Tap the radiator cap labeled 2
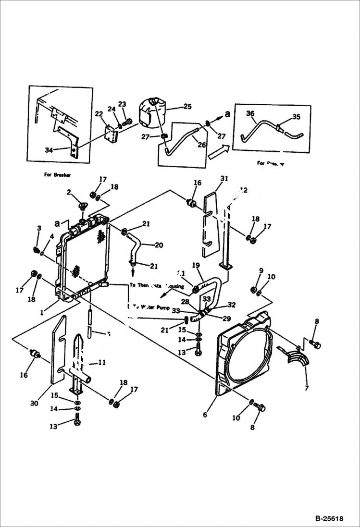pyautogui.click(x=83, y=207)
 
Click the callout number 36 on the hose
pyautogui.click(x=250, y=113)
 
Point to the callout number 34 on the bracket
pyautogui.click(x=49, y=150)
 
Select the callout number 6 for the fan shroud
pyautogui.click(x=205, y=414)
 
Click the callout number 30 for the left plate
pyautogui.click(x=34, y=404)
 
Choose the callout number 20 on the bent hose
pyautogui.click(x=159, y=245)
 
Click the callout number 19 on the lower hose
pyautogui.click(x=196, y=265)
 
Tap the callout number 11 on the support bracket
pyautogui.click(x=101, y=363)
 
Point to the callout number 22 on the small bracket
pyautogui.click(x=99, y=114)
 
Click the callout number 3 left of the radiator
pyautogui.click(x=39, y=227)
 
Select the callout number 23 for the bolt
pyautogui.click(x=122, y=104)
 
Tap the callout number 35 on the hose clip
pyautogui.click(x=296, y=117)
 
